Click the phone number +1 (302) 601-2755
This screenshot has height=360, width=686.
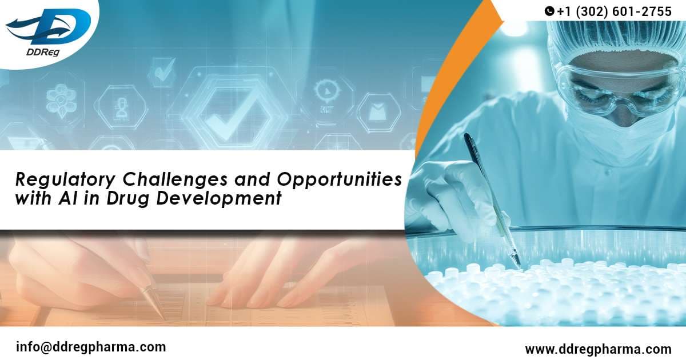tap(614, 11)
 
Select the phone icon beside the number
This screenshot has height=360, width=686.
tap(549, 11)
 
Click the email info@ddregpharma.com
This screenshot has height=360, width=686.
tap(91, 346)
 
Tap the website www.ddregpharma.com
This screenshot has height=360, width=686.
tap(598, 349)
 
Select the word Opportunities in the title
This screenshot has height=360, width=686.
tap(339, 180)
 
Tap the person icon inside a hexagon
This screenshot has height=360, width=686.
tap(121, 108)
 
